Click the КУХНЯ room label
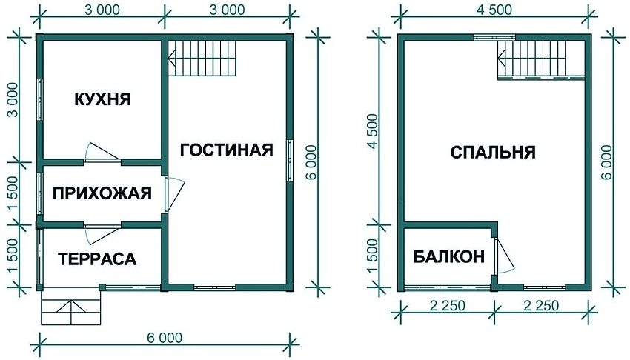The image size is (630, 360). pos(102,99)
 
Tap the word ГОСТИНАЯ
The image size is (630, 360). pos(226,150)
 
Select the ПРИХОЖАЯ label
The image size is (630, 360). pos(102,193)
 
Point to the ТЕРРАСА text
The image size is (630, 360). pos(98,259)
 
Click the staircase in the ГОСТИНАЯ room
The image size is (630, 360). pos(202,58)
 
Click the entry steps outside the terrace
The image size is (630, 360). pos(70,306)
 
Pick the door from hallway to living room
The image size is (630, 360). pos(173,195)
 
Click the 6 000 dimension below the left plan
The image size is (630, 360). pos(165,339)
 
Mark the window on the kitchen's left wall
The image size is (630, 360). pos(39,99)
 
